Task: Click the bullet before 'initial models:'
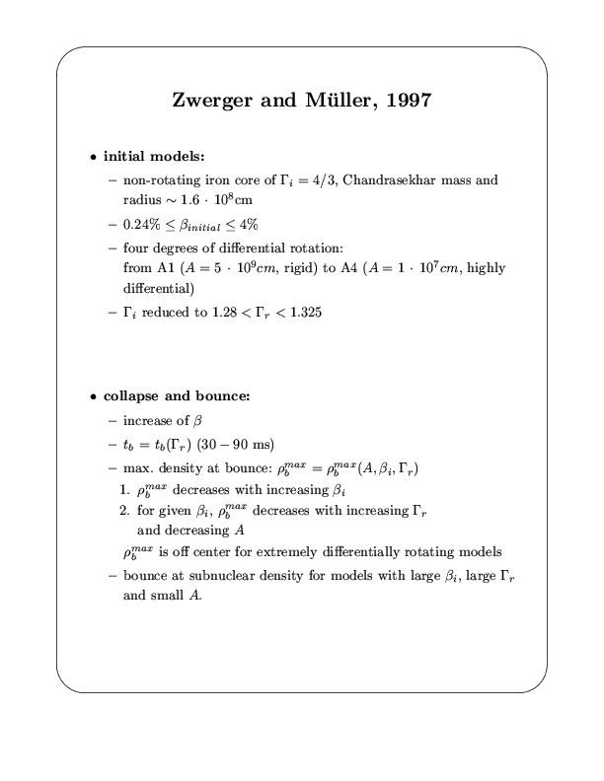(93, 157)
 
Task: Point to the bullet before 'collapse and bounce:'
(93, 396)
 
